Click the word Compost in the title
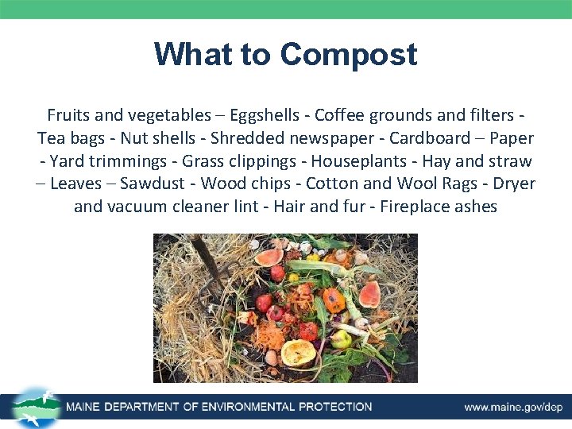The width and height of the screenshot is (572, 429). coord(348,55)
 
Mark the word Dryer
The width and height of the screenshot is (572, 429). coord(514,184)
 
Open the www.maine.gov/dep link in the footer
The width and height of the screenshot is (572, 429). coord(513,408)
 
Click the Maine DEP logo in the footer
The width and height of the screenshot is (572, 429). coord(36,407)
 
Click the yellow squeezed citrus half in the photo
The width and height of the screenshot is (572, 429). coord(298,351)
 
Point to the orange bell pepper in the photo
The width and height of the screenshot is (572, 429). coord(334,300)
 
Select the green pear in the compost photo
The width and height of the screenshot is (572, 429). coord(342,339)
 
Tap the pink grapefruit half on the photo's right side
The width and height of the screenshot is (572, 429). coord(369,293)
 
